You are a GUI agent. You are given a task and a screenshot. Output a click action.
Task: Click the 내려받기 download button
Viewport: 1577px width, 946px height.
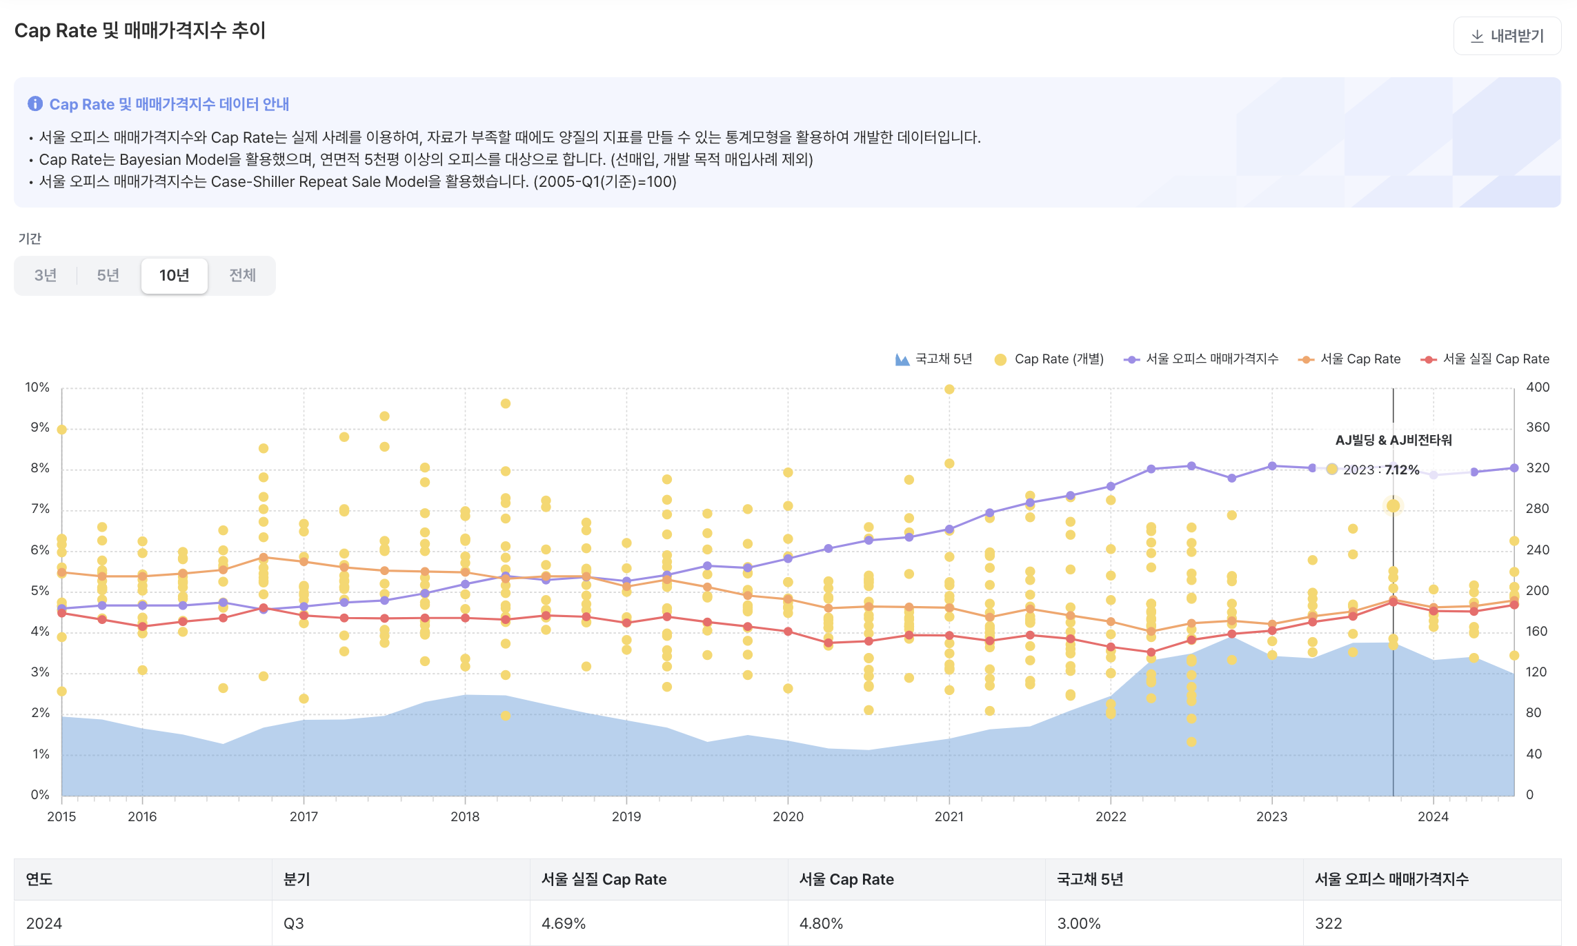pyautogui.click(x=1507, y=36)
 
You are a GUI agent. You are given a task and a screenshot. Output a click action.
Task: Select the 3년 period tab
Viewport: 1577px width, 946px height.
pyautogui.click(x=46, y=276)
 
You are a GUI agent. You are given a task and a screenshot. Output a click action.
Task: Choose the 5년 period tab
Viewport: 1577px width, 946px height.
pyautogui.click(x=108, y=276)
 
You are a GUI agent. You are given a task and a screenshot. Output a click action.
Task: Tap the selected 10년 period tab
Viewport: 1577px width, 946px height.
pyautogui.click(x=174, y=276)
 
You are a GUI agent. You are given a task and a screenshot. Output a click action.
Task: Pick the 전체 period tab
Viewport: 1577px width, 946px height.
pyautogui.click(x=242, y=276)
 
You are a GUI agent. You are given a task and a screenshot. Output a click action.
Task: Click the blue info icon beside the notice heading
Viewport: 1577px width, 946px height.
pyautogui.click(x=34, y=104)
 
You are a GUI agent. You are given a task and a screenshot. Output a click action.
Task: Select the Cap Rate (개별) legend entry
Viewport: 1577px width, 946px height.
pyautogui.click(x=1049, y=359)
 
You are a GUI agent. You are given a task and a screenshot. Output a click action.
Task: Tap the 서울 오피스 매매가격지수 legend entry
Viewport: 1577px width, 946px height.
pyautogui.click(x=1201, y=359)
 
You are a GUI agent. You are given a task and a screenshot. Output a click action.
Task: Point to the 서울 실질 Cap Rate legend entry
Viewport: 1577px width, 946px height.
pyautogui.click(x=1485, y=359)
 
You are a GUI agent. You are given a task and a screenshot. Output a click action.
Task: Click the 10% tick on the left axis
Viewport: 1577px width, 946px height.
pyautogui.click(x=37, y=388)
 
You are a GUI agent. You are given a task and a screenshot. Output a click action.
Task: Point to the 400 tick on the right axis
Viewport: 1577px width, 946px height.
pyautogui.click(x=1538, y=388)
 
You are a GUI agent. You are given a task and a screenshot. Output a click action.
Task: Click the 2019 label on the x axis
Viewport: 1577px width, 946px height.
pyautogui.click(x=626, y=817)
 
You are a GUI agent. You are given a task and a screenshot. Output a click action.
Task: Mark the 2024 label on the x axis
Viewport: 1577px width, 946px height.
pyautogui.click(x=1433, y=817)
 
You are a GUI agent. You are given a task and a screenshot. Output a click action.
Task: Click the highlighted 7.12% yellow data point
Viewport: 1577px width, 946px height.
pyautogui.click(x=1393, y=506)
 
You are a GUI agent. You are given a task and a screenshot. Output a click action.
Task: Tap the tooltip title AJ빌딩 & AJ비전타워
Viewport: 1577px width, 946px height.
pyautogui.click(x=1393, y=441)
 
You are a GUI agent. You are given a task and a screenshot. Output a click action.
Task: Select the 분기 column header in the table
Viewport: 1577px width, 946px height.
pyautogui.click(x=297, y=880)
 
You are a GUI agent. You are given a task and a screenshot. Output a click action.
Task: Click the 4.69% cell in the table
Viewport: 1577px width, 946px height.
pyautogui.click(x=564, y=924)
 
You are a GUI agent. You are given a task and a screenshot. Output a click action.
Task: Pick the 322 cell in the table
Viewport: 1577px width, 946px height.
pyautogui.click(x=1328, y=924)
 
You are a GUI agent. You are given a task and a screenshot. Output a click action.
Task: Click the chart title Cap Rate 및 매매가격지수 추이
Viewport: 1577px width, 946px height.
pyautogui.click(x=140, y=31)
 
